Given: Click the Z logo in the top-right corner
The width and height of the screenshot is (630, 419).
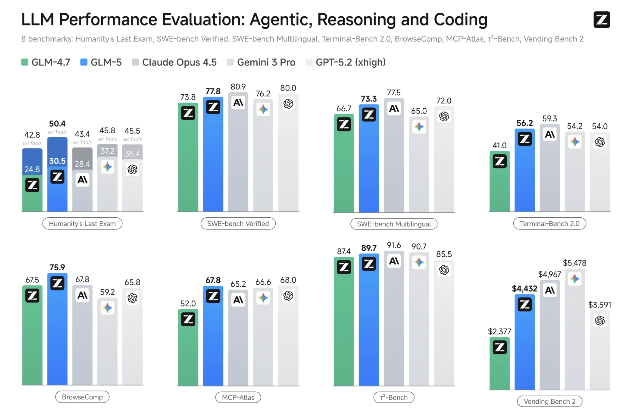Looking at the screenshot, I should click(x=601, y=20).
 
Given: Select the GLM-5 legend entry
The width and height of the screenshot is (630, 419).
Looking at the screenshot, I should click(x=101, y=62).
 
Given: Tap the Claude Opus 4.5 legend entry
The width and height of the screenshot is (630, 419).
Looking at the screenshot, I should click(x=174, y=62).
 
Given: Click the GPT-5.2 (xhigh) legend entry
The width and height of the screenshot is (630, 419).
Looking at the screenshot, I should click(x=346, y=62).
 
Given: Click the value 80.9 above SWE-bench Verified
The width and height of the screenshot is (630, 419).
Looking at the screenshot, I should click(x=238, y=87).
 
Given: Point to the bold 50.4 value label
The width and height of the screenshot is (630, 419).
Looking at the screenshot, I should click(x=57, y=124).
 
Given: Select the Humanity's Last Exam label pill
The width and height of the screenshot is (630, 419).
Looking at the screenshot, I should click(x=82, y=223).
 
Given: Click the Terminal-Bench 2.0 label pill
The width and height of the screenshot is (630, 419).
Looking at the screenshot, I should click(x=549, y=223).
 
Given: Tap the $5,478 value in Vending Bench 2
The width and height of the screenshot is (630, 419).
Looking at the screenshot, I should click(x=574, y=263).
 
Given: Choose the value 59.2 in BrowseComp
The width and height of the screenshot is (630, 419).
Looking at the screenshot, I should click(x=107, y=292).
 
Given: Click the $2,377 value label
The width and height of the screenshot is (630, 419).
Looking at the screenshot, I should click(x=500, y=331).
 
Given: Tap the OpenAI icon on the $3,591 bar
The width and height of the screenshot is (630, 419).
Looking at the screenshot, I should click(x=599, y=321).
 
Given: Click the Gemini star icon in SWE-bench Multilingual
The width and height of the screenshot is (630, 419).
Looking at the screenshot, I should click(x=419, y=127).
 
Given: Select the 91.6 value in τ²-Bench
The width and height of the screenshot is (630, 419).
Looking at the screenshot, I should click(x=394, y=245).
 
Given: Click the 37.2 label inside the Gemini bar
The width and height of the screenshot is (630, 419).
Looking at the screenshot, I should click(x=107, y=151).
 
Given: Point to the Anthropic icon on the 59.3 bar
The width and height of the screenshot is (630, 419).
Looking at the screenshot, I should click(x=550, y=134).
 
